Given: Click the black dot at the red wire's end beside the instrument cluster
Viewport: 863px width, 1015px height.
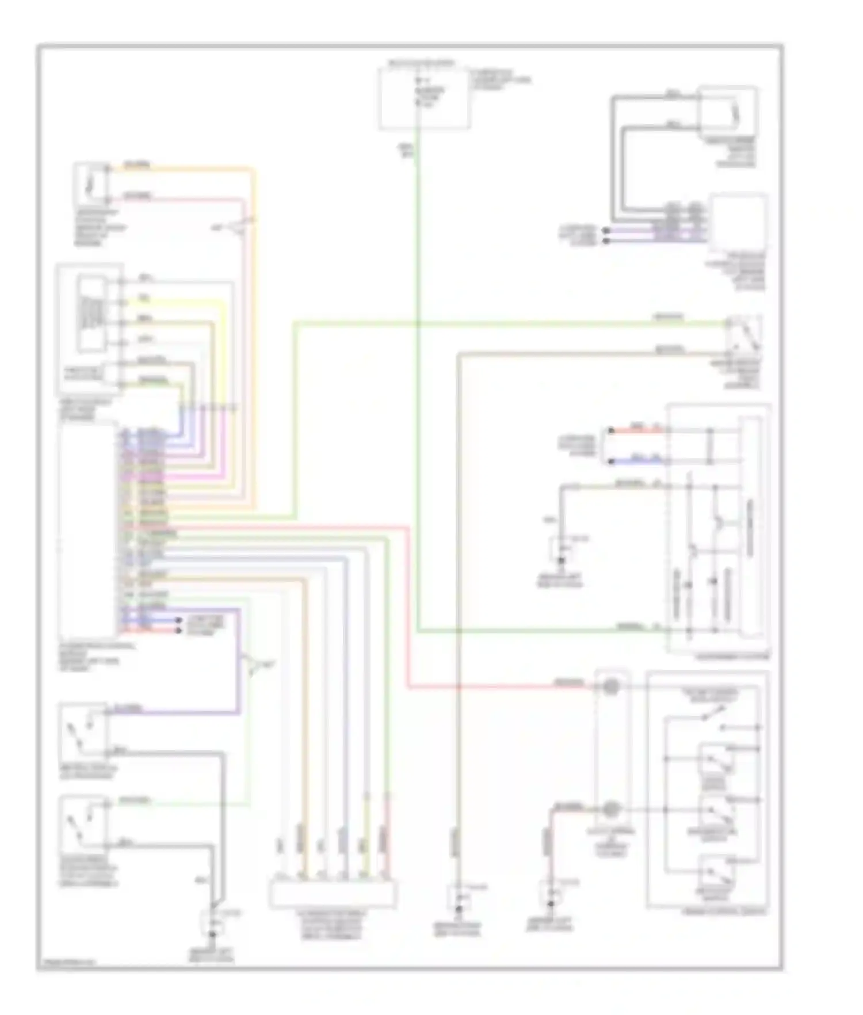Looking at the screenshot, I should click(610, 430).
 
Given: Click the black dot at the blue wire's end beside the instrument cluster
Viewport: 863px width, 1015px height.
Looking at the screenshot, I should click(610, 461).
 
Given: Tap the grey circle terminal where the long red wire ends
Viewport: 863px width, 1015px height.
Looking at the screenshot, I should click(611, 686).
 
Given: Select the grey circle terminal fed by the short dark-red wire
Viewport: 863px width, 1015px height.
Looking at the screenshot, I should click(611, 810).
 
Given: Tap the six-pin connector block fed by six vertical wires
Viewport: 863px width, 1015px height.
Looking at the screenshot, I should click(333, 895).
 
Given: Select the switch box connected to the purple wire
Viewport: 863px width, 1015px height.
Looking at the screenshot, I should click(83, 730).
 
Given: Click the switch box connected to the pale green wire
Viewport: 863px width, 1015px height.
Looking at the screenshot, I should click(83, 822).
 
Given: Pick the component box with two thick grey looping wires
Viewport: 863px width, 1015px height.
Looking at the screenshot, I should click(727, 108).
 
